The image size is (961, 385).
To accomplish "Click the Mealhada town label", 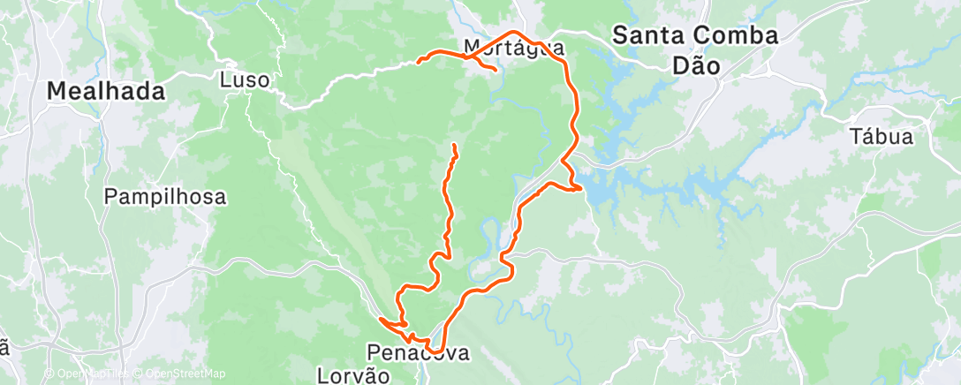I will point(106,90).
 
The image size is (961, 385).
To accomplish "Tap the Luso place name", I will point(244,80).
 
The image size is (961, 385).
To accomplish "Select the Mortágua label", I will point(514,48).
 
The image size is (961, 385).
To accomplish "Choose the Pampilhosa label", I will point(165,196).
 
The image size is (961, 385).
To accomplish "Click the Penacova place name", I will point(419,353).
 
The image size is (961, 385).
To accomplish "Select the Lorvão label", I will point(353,376).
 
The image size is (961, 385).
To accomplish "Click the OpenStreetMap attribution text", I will point(184,374).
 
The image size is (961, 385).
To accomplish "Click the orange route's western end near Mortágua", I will point(418,62).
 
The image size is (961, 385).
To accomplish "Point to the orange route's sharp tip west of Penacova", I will point(379,318).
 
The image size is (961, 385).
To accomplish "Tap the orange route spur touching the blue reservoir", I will point(579,187).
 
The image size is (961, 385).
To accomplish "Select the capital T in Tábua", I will point(855,137).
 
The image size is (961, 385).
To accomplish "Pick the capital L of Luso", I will point(224,80).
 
